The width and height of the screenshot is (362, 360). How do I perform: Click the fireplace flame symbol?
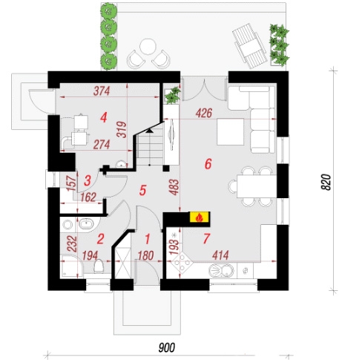point(200,217)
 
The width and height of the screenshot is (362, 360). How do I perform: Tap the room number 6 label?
point(208,164)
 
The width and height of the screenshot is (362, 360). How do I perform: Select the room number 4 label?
point(104,117)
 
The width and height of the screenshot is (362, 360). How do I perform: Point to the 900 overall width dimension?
point(166,347)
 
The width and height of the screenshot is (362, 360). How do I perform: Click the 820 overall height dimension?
point(326,182)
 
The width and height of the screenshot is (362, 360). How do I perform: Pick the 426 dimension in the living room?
point(204,114)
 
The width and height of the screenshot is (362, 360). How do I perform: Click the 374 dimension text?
point(102,91)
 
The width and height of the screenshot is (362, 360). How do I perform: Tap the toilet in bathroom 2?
point(99,266)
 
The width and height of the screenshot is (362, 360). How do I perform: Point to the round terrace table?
point(148,47)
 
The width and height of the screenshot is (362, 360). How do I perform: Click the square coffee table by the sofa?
point(230,131)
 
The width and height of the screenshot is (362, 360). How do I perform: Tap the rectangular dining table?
point(256,186)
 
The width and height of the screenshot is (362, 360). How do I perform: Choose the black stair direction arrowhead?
point(149,131)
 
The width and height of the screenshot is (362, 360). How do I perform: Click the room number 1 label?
point(148,239)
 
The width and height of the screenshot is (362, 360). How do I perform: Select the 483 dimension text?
point(174,187)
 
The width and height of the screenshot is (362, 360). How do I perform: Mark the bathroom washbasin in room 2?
point(86,224)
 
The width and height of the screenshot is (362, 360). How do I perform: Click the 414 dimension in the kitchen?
point(220,255)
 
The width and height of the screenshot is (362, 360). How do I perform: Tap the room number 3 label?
point(88,180)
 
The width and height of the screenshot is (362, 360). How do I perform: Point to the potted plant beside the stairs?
point(173,95)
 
